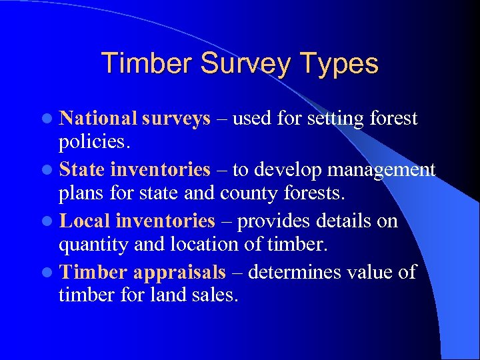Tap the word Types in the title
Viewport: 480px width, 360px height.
point(341,64)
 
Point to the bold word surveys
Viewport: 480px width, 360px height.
point(176,119)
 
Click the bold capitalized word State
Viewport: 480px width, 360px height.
point(82,170)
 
